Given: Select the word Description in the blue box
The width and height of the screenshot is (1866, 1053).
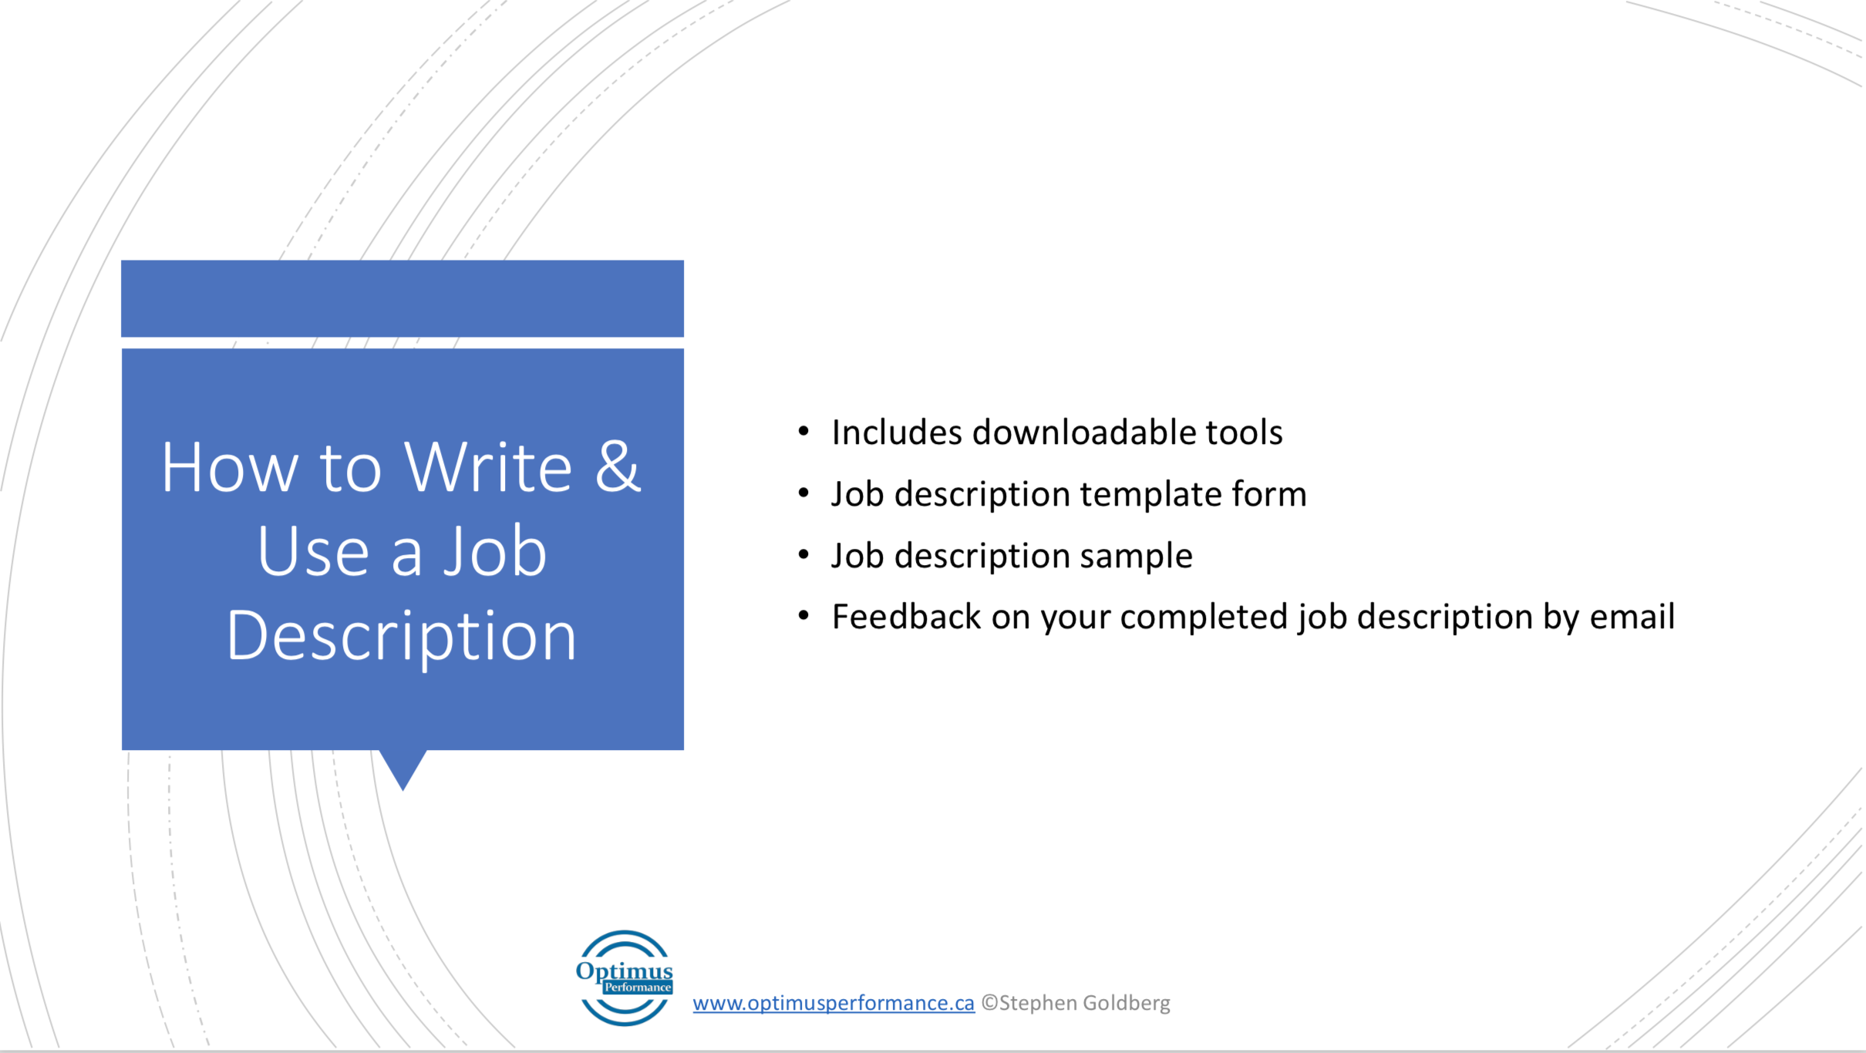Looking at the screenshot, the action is coord(402,637).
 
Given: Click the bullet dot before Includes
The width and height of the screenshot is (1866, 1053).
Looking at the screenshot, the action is coord(803,431).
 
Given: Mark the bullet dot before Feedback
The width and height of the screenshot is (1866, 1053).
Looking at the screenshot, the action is coord(803,616).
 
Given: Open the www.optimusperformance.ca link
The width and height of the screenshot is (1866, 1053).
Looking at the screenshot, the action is coord(834,1003).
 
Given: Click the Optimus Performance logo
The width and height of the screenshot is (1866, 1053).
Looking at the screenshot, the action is coord(625,977).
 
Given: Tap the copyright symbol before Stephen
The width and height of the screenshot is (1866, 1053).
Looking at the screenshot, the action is coord(989,1003).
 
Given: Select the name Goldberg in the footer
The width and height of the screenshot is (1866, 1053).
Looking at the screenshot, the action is coord(1127,1004).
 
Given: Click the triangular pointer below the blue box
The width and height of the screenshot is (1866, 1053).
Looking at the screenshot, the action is coord(403,768).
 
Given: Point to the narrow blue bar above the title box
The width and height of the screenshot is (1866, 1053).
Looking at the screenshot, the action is coord(403,298).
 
